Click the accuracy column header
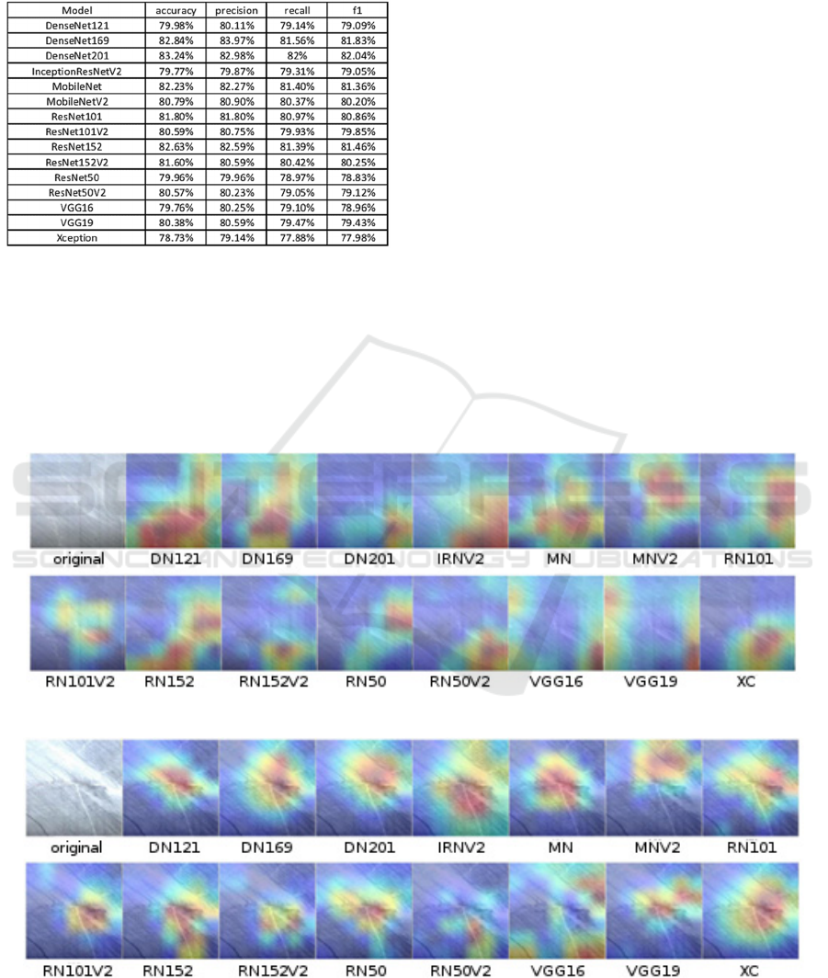click(x=176, y=9)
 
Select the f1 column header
click(x=357, y=9)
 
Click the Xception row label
click(x=77, y=238)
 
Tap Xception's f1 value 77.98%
click(x=357, y=238)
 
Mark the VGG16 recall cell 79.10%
click(x=296, y=209)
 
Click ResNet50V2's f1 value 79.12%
click(x=357, y=194)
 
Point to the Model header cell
click(x=77, y=9)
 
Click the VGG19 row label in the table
click(x=77, y=223)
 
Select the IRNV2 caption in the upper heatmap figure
click(x=459, y=559)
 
